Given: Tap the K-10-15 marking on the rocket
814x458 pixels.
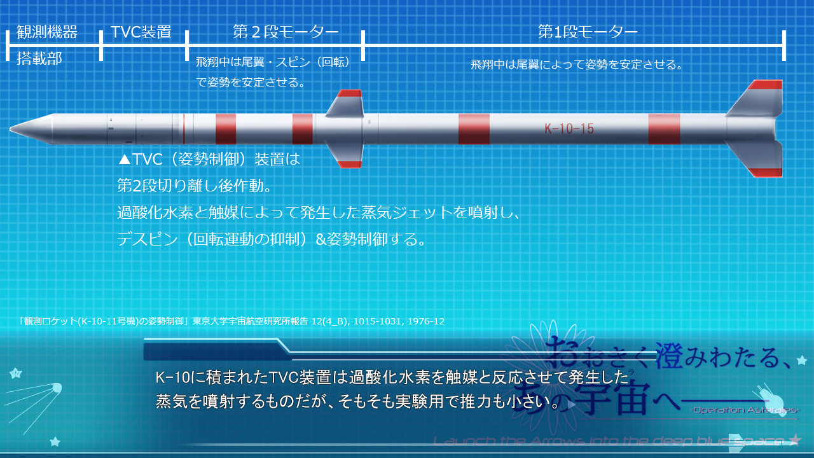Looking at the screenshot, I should tap(569, 129).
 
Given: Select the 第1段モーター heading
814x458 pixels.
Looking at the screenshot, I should tap(588, 32).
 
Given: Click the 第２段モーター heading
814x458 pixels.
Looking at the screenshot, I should tap(286, 32).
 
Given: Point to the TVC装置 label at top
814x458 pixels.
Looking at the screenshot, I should tap(141, 32).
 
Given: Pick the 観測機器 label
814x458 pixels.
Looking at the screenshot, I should tap(47, 32).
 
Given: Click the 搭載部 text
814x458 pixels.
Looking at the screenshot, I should tap(39, 59).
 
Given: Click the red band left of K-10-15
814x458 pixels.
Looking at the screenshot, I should tap(474, 129).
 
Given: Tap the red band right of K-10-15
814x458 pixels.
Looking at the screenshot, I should tap(664, 129).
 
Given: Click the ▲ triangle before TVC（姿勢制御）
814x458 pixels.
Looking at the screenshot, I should tap(125, 159).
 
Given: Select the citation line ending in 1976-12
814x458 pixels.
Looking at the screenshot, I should tap(231, 321).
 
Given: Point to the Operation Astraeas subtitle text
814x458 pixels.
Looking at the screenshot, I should tap(744, 410).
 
